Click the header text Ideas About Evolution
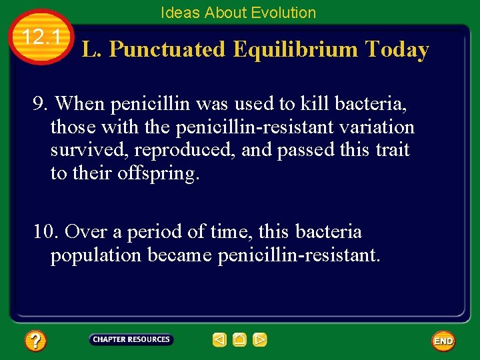coord(238,13)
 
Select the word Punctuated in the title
coord(167,50)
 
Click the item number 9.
coord(41,104)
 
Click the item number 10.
coord(46,232)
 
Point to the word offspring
coord(158,174)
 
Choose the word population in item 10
coord(96,255)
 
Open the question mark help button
coord(35,341)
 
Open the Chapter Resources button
coord(131,340)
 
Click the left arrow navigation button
coord(219,340)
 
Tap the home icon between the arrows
coord(239,340)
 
